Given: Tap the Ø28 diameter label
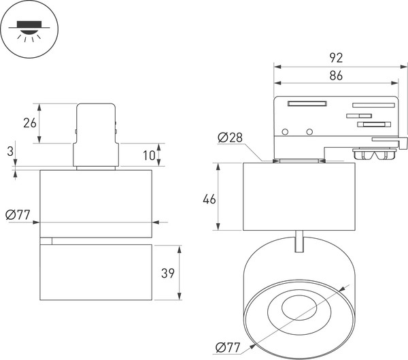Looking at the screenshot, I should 231,138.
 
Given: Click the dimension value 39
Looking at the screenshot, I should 167,274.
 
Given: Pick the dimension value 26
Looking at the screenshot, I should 29,122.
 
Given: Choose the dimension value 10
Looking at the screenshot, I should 150,155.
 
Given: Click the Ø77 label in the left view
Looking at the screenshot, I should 19,216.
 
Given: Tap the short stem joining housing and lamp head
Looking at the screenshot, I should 299,241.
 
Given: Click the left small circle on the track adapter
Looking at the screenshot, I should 286,131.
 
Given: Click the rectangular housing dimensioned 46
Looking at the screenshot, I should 299,196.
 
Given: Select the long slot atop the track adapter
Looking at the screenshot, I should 307,103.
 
